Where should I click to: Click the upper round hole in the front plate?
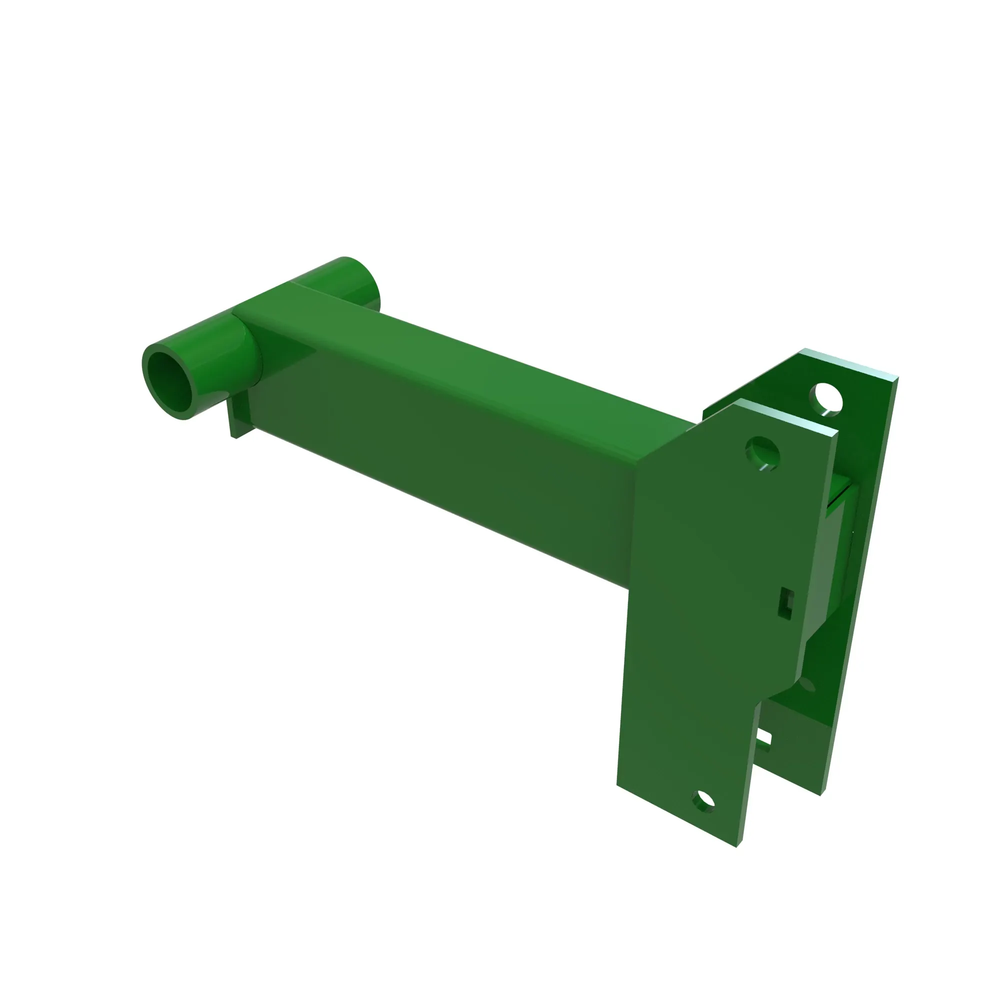pos(762,453)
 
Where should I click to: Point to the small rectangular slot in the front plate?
pos(785,603)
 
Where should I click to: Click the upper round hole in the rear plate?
pos(826,398)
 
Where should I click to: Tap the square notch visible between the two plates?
pos(763,740)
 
